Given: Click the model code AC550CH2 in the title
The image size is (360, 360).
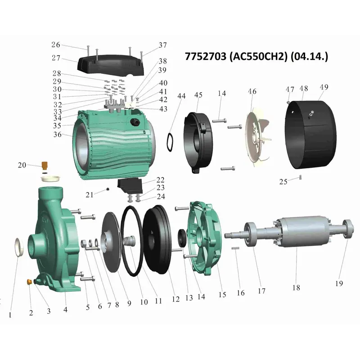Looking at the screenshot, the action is pyautogui.click(x=258, y=57).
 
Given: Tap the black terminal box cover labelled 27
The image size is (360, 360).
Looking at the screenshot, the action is pyautogui.click(x=111, y=64).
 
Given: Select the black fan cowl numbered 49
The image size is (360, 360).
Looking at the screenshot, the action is pyautogui.click(x=311, y=135).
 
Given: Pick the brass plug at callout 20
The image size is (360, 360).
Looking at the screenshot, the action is pyautogui.click(x=45, y=165).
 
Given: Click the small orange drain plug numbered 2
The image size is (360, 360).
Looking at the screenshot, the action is pyautogui.click(x=29, y=282).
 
